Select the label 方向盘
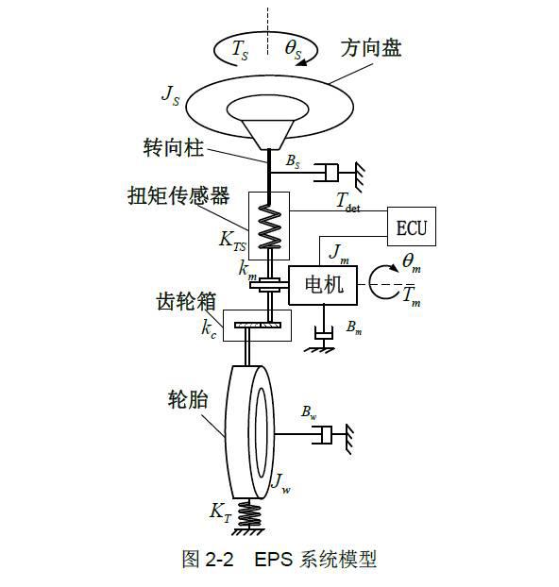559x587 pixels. (371, 48)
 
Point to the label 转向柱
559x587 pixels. (174, 147)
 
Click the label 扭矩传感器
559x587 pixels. (178, 195)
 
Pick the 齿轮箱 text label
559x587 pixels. (186, 301)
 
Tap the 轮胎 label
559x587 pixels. (188, 399)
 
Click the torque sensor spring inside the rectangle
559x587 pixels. (269, 226)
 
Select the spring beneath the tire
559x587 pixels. (248, 514)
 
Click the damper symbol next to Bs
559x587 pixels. (326, 172)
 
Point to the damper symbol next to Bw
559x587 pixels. (322, 435)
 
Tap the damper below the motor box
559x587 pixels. (324, 333)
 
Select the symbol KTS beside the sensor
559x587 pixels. (232, 241)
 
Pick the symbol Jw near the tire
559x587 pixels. (280, 483)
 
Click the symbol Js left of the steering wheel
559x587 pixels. (171, 96)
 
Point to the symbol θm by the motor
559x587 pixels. (412, 263)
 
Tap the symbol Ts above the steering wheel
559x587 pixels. (240, 50)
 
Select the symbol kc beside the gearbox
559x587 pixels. (209, 329)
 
